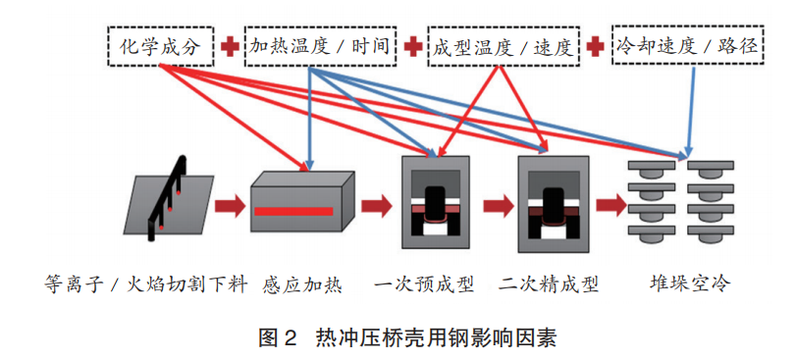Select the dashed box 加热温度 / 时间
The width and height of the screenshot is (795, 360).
coord(320,46)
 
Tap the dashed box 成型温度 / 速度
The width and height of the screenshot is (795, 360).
coord(503,46)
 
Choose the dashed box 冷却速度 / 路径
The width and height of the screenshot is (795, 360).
coord(684,44)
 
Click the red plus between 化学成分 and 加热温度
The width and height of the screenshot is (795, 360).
coord(230,46)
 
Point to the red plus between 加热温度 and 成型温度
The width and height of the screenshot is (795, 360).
coord(413,46)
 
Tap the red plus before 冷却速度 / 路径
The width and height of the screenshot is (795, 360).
coord(595,46)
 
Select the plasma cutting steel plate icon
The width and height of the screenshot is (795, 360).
coord(170,201)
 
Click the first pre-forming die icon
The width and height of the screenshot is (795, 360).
coord(438,202)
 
